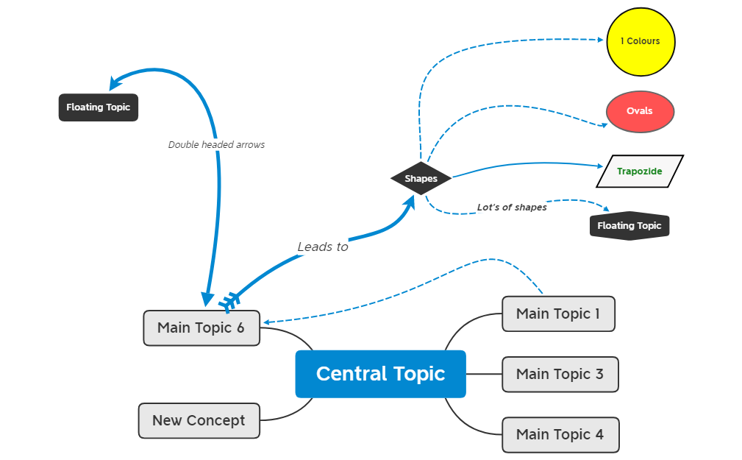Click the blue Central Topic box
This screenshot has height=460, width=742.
[380, 374]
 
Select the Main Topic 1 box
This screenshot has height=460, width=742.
[558, 314]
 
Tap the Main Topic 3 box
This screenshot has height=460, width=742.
[560, 375]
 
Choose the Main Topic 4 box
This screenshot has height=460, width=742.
[560, 435]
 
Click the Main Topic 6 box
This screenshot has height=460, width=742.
[201, 328]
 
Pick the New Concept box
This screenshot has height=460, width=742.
[199, 421]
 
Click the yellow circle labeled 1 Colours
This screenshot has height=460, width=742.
[641, 42]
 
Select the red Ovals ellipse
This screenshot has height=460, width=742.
[640, 112]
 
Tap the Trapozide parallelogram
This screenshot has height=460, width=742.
[639, 171]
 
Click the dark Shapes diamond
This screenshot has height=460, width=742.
[421, 179]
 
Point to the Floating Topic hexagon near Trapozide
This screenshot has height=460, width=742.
[629, 226]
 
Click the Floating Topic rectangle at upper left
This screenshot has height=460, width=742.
[99, 107]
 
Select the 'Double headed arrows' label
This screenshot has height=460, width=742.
[216, 145]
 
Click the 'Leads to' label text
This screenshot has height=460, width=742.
[323, 247]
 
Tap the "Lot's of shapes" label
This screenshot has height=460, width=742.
[512, 208]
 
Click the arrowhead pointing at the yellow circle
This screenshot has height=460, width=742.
[601, 40]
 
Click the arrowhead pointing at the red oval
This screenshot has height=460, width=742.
[602, 124]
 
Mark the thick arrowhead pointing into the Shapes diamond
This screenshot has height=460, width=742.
[408, 202]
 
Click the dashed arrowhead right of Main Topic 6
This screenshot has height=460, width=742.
[268, 322]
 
